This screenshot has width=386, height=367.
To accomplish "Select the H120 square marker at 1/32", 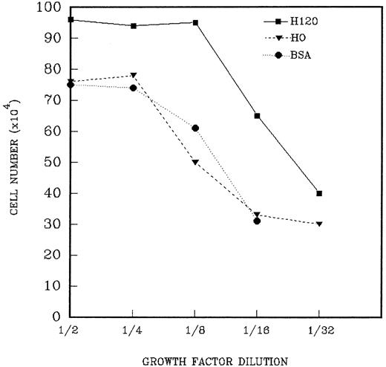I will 319,193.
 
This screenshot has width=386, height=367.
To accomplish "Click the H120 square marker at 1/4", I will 133,26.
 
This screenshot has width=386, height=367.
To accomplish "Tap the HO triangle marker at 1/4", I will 133,75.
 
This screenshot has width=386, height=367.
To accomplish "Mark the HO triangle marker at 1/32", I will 319,224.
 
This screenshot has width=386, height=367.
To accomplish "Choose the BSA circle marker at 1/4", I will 133,88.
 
